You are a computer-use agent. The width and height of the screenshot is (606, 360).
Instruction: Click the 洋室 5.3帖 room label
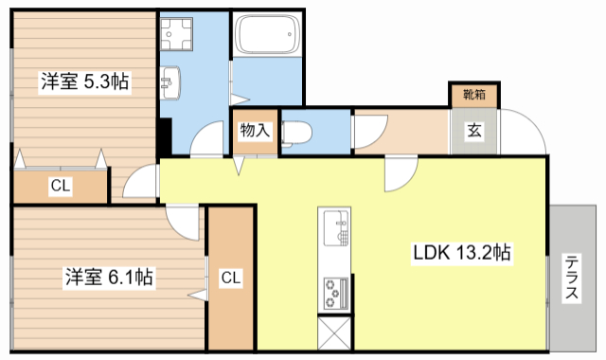point(84,82)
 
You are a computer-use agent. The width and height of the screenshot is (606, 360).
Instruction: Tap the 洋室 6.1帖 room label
point(109,278)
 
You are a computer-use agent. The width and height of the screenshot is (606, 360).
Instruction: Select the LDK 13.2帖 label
point(462,254)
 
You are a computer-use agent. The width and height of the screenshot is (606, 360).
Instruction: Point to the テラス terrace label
point(574,279)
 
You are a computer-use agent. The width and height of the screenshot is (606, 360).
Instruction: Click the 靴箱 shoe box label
point(472,94)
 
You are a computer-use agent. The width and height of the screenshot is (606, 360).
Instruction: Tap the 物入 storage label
point(255,130)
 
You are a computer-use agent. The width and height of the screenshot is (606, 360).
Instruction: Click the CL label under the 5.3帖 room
point(60,186)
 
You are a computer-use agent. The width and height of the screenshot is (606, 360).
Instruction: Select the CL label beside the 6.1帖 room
point(231,278)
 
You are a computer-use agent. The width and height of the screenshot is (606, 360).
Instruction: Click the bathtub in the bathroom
point(266,38)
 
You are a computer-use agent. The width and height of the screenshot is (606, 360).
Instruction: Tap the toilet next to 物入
point(295,131)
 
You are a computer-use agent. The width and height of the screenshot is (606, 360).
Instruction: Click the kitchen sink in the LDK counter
point(336,228)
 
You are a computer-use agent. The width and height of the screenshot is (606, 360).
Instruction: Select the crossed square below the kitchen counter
point(335,333)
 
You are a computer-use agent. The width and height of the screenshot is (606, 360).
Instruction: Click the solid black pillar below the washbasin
point(165,135)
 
